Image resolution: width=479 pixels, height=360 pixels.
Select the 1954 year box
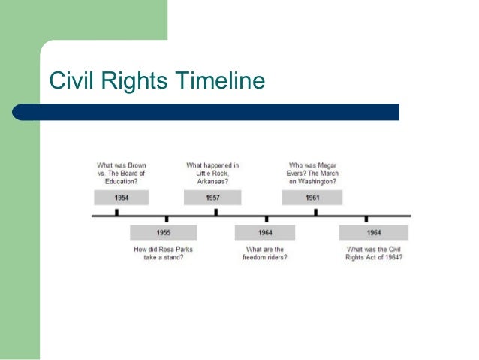pyautogui.click(x=121, y=198)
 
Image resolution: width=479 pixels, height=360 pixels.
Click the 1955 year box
pyautogui.click(x=163, y=233)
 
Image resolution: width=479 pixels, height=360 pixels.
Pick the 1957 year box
pyautogui.click(x=212, y=198)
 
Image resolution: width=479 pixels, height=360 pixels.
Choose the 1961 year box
pyautogui.click(x=312, y=198)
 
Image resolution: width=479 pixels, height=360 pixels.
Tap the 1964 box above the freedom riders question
pyautogui.click(x=265, y=233)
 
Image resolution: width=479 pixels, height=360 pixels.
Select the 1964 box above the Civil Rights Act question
pyautogui.click(x=374, y=233)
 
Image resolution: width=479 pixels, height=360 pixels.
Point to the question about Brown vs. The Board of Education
pyautogui.click(x=121, y=173)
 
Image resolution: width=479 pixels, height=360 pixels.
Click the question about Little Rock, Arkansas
pyautogui.click(x=212, y=173)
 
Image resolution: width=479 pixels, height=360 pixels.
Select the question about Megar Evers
pyautogui.click(x=312, y=173)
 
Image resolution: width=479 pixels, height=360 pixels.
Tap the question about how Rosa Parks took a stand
pyautogui.click(x=164, y=253)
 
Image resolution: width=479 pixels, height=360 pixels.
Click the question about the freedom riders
pyautogui.click(x=265, y=253)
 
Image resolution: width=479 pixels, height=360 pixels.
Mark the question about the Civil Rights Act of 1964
pyautogui.click(x=374, y=253)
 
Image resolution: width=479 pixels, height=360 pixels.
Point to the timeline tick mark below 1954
pyautogui.click(x=116, y=213)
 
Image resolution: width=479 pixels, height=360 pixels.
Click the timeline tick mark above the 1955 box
pyautogui.click(x=165, y=219)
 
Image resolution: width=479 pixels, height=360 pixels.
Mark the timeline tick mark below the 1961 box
pyautogui.click(x=315, y=213)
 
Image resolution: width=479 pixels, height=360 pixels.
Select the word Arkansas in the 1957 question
pyautogui.click(x=212, y=181)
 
